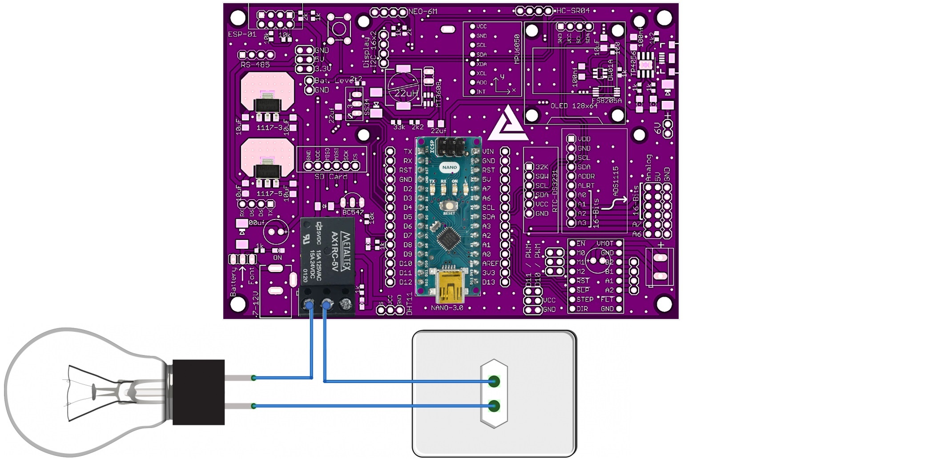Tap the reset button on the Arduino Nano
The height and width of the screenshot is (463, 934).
tap(449, 206)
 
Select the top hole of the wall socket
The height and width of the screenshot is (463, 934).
tap(494, 381)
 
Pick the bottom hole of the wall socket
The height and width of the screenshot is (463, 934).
tap(494, 406)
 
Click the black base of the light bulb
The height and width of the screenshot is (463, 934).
tap(198, 392)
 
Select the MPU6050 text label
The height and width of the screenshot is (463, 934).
tap(517, 49)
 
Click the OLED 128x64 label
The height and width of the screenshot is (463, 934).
tap(574, 106)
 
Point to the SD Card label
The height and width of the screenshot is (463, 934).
tap(331, 176)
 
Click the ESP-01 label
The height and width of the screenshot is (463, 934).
tap(242, 34)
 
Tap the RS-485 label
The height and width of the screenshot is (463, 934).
tap(255, 64)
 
